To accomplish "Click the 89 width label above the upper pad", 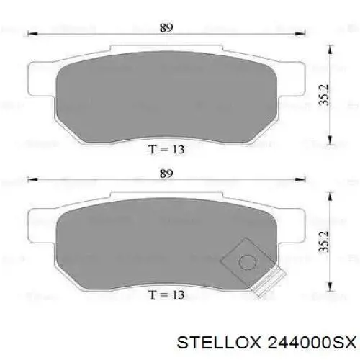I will (x=166, y=27).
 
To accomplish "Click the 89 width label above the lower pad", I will (x=166, y=174).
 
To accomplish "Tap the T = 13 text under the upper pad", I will (x=166, y=149).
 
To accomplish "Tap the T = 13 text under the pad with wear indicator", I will (x=166, y=294).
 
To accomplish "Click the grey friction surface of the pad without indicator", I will (x=166, y=94).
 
